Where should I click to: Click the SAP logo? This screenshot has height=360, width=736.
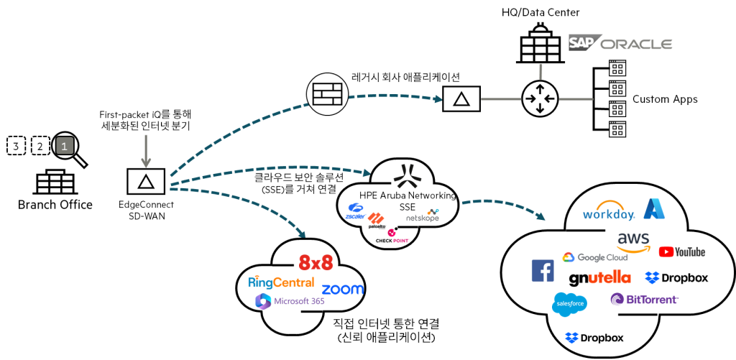point(583,42)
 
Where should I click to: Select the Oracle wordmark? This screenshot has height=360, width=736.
point(636,44)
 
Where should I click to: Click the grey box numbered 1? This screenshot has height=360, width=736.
point(65,146)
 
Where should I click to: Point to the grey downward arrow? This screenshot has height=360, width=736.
point(146,152)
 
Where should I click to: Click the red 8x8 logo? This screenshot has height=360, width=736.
point(316,263)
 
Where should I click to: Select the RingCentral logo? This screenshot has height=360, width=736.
point(281,282)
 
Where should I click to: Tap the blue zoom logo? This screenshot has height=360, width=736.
point(342,289)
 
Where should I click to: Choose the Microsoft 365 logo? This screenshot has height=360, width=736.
point(290,301)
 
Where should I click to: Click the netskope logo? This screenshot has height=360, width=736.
point(422,216)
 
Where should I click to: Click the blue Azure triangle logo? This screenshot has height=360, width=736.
point(654,208)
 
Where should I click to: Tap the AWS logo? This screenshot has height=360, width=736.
point(633,241)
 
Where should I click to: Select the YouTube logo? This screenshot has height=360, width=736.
point(681,251)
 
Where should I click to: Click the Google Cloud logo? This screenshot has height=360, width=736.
point(595,257)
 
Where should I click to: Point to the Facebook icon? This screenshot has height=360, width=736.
point(543,271)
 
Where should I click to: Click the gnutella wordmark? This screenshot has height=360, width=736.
point(599,278)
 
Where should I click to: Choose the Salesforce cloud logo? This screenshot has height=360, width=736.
point(569,304)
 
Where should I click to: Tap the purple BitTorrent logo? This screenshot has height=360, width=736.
point(644,299)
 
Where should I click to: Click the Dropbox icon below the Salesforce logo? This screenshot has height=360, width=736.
point(572,338)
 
